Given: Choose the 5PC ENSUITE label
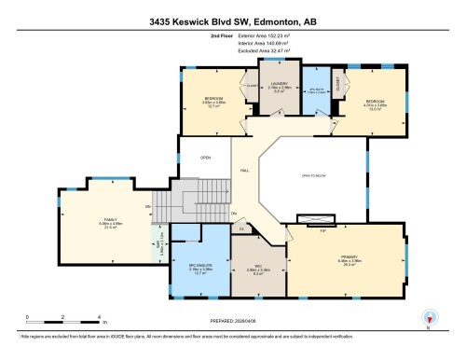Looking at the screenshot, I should pos(197,265).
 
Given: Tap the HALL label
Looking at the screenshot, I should pos(244,171).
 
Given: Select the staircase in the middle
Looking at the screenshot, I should pos(197,200).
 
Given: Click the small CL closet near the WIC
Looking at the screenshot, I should pos(242,227).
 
